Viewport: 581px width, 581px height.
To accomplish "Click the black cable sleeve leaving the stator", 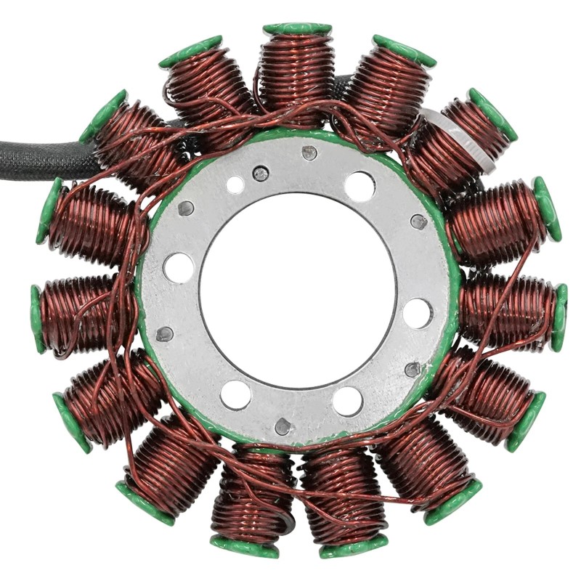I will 44,156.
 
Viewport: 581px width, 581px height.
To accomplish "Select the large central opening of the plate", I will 298,290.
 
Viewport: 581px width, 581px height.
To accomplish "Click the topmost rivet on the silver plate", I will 309,153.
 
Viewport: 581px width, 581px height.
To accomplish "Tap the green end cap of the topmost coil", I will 297,28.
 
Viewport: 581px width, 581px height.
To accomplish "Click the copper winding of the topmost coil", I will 297,73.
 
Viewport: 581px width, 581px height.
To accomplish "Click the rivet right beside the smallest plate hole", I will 260,174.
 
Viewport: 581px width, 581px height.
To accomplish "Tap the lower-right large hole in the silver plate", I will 348,401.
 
